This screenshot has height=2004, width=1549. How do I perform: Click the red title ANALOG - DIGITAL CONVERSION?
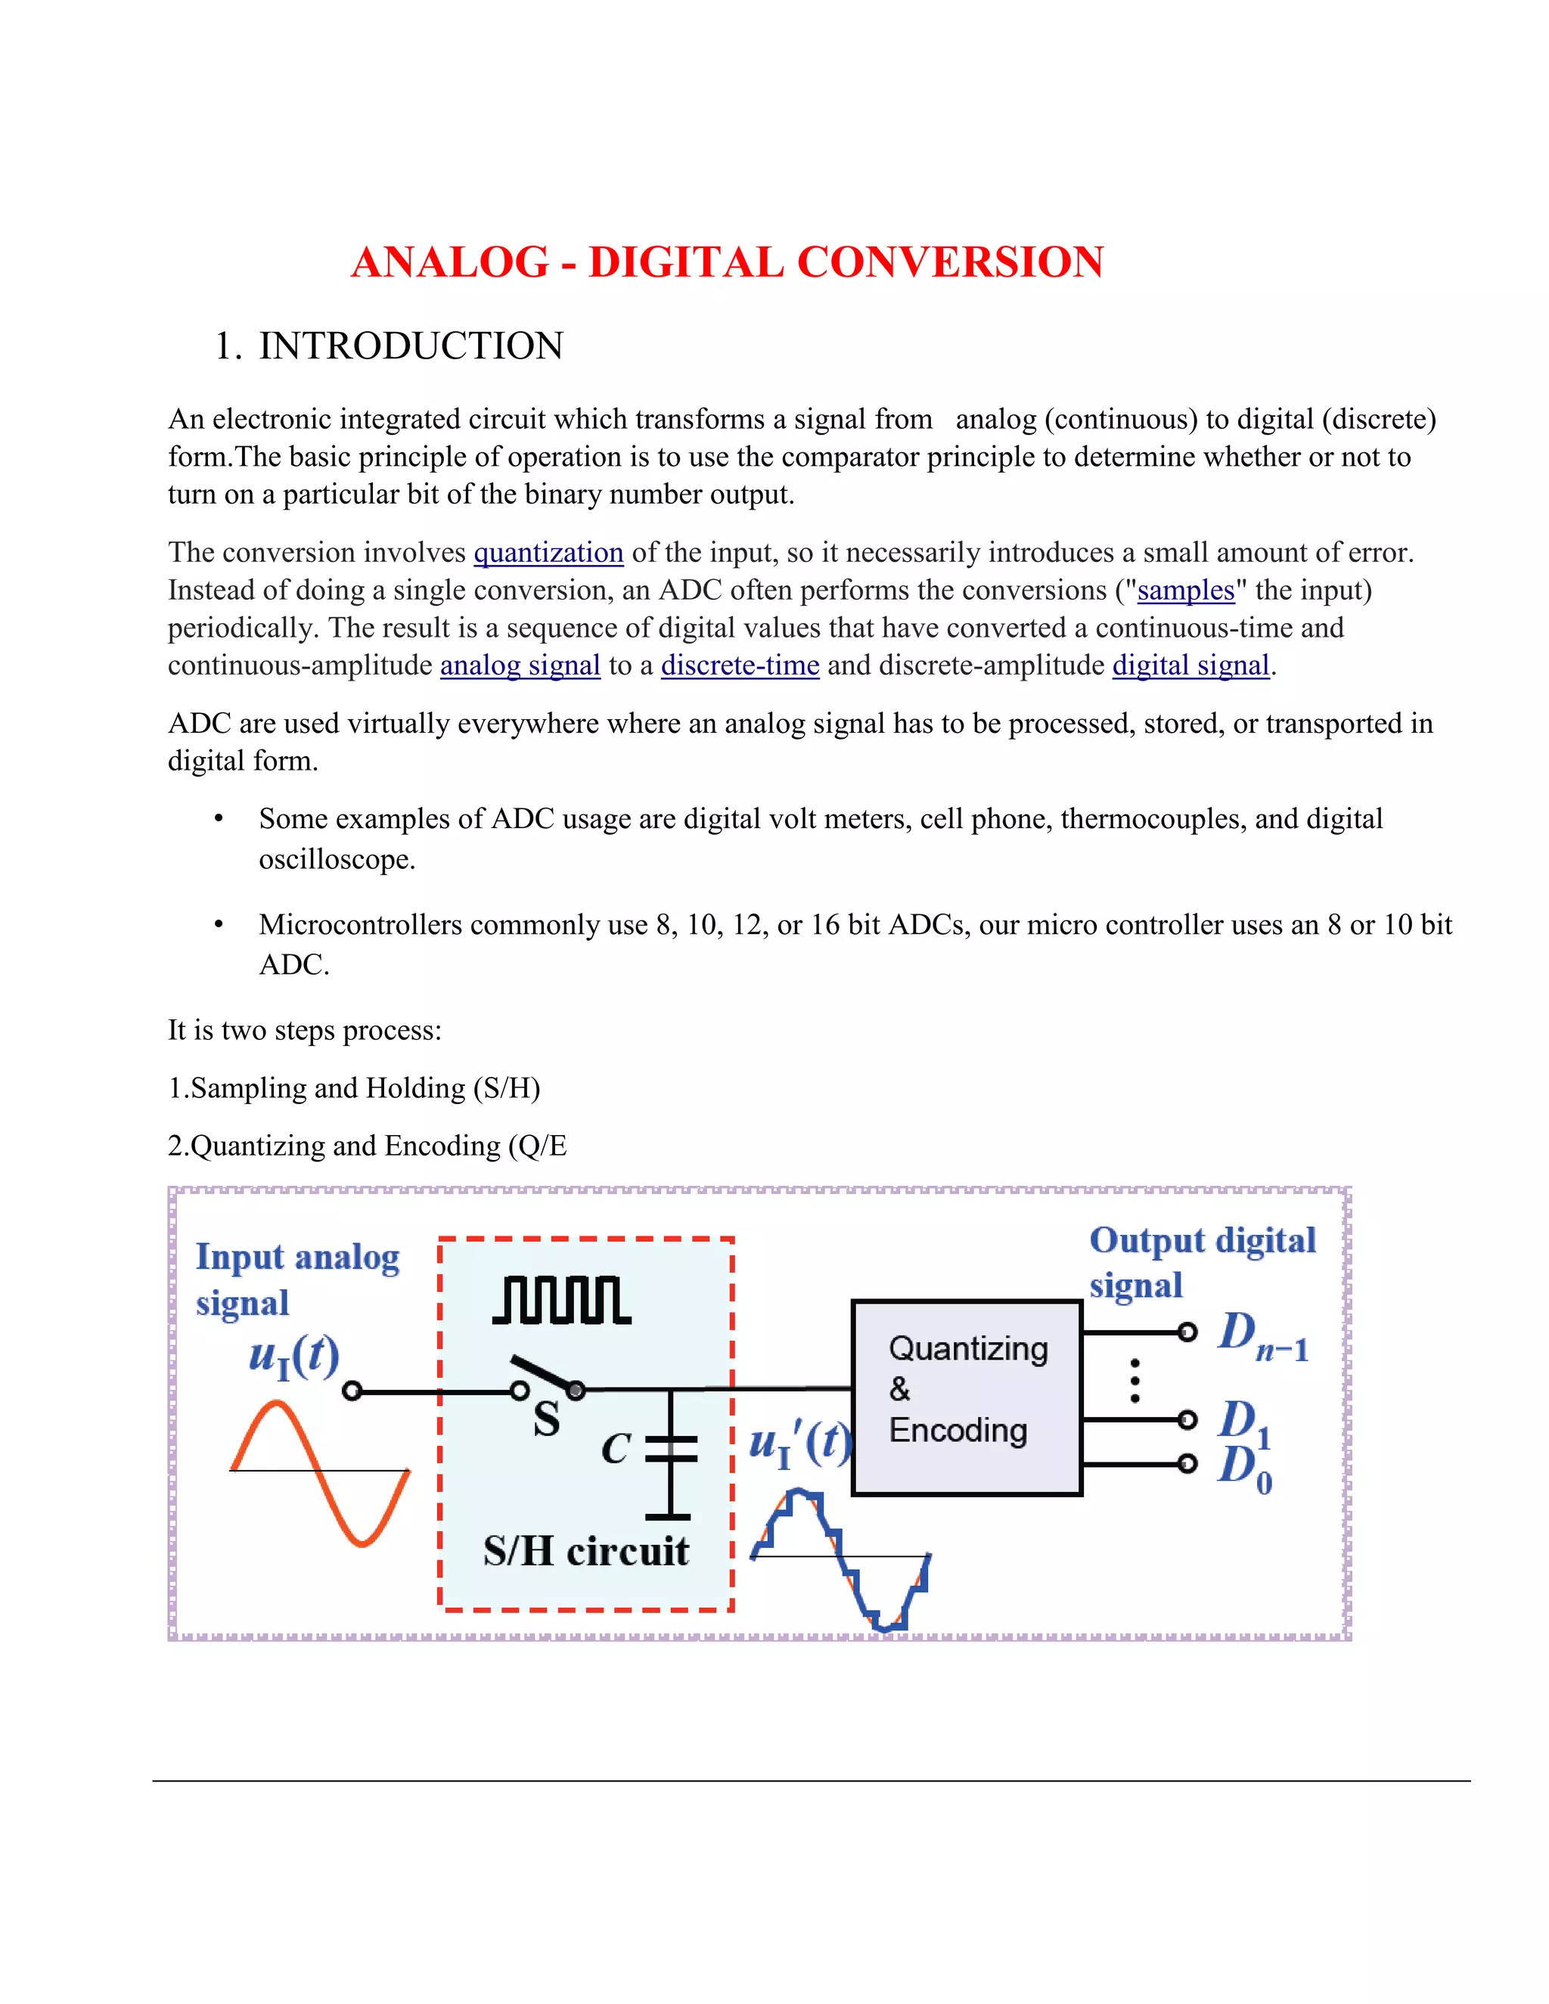(x=727, y=262)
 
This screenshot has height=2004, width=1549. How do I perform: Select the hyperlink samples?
(x=1186, y=590)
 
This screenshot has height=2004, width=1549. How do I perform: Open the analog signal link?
(x=520, y=665)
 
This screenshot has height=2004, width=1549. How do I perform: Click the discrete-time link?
(x=740, y=665)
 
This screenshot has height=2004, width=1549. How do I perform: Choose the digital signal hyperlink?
(x=1191, y=665)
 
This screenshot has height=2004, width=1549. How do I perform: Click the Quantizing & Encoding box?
(x=967, y=1397)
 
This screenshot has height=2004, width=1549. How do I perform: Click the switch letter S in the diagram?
(x=546, y=1419)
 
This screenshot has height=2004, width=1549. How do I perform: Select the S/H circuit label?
(x=585, y=1551)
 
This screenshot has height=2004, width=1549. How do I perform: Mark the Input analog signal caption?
(x=296, y=1279)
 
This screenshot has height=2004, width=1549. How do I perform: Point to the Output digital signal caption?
(x=1201, y=1261)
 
